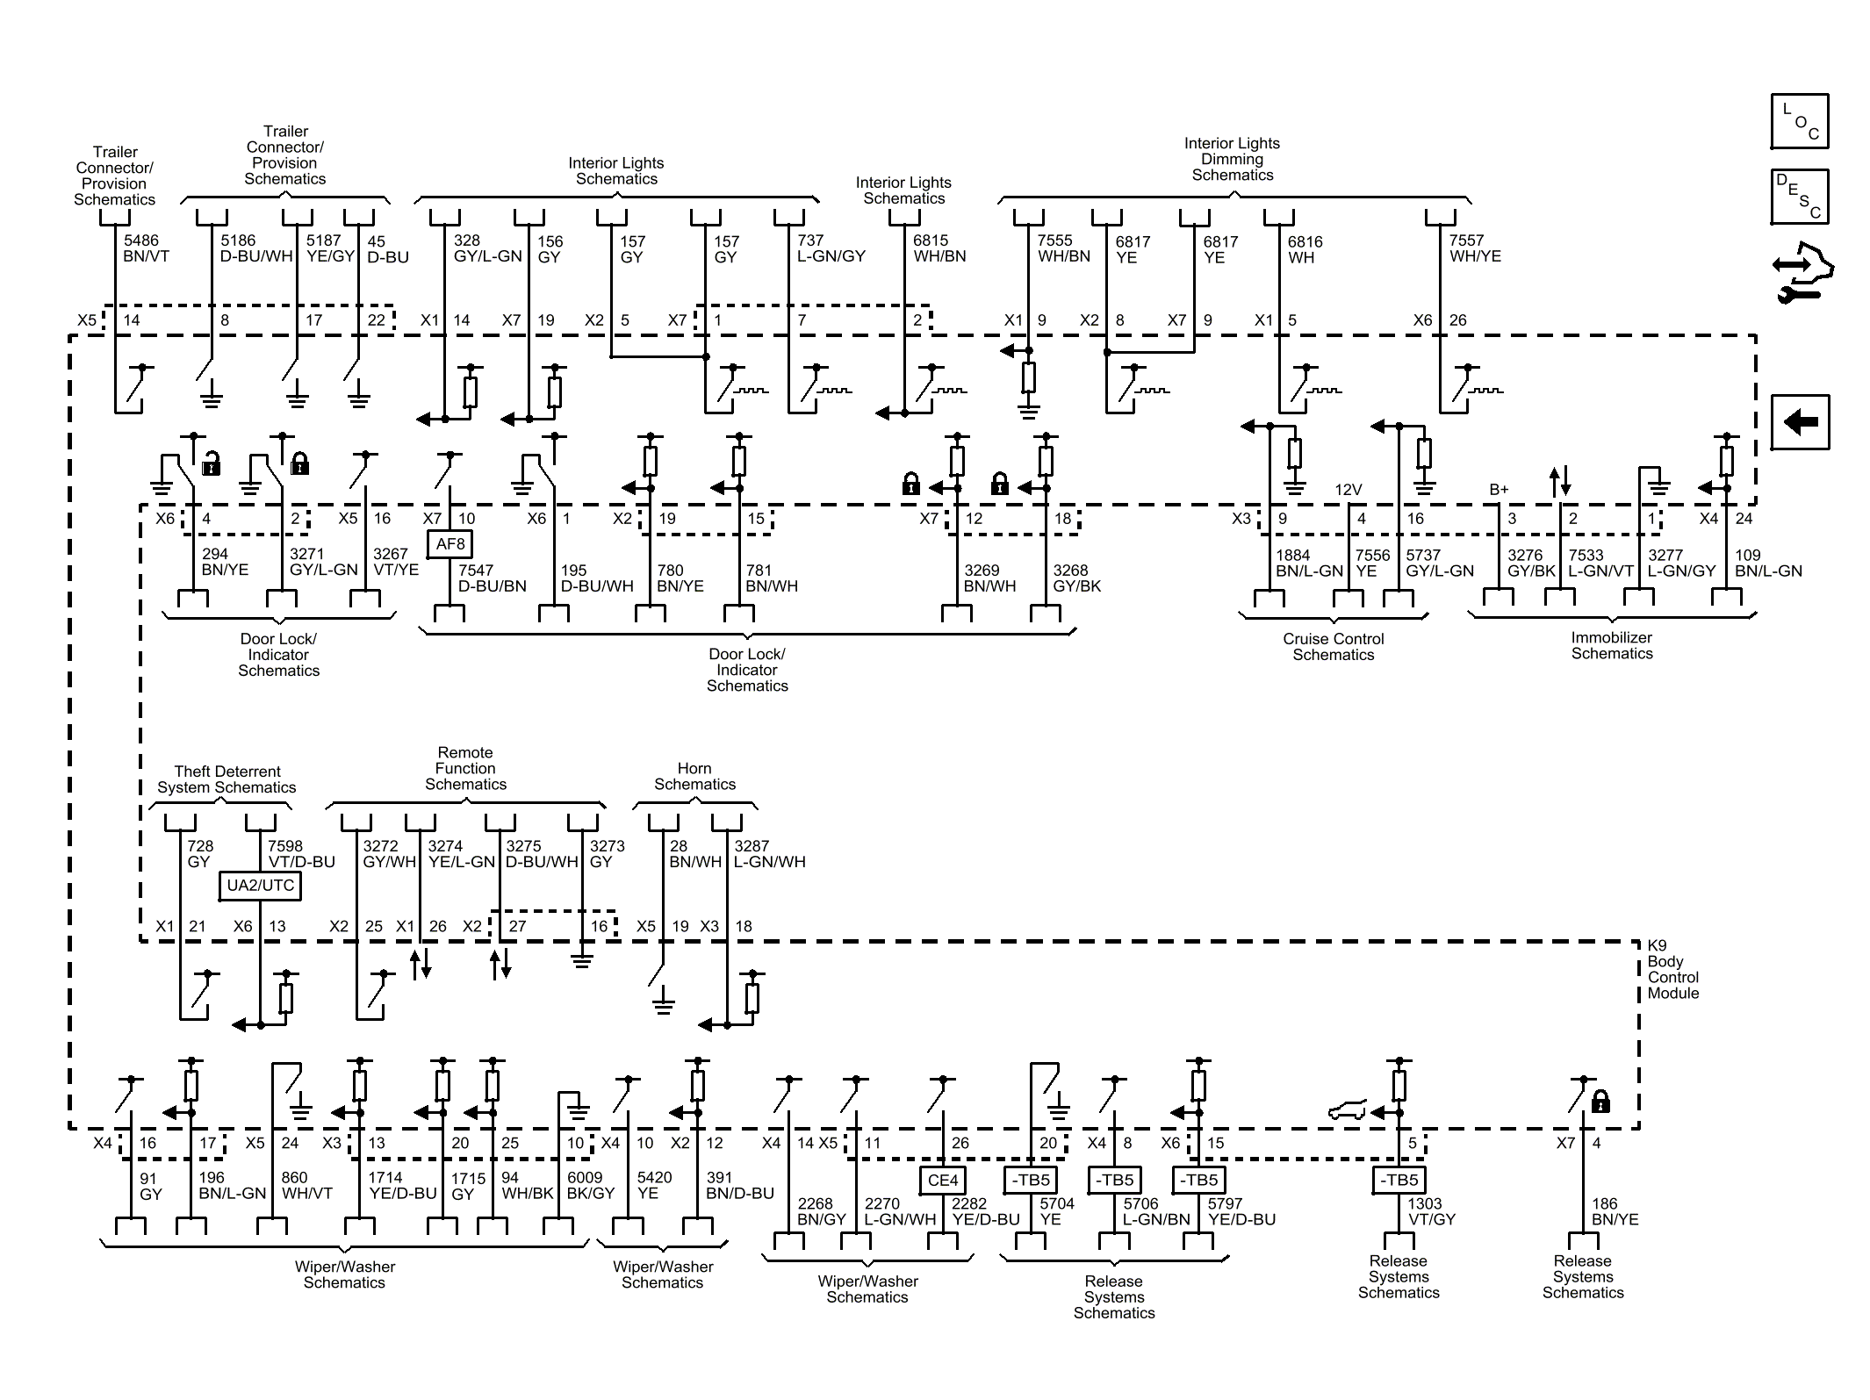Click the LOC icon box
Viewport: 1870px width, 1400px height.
pos(1799,121)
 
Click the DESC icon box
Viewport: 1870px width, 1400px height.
pos(1799,197)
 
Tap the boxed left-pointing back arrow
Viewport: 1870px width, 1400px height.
pos(1799,422)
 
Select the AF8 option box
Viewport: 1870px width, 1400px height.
pos(450,544)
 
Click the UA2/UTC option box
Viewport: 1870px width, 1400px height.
pos(260,885)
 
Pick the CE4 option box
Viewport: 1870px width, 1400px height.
pos(942,1181)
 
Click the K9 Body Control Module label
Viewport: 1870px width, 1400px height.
pos(1672,970)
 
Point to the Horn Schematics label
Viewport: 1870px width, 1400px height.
pos(694,777)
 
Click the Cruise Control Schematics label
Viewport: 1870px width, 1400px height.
pos(1333,647)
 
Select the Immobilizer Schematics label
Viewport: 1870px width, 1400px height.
pos(1611,646)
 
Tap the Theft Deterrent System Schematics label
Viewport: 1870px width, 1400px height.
pos(227,779)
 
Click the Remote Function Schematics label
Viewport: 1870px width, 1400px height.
pos(465,769)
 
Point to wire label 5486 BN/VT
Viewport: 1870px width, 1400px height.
pos(146,248)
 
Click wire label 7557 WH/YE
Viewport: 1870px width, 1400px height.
pos(1474,248)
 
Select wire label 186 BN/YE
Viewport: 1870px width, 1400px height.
pos(1615,1212)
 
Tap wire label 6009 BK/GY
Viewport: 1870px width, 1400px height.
pos(590,1186)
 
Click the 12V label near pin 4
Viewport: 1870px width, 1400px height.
pos(1348,490)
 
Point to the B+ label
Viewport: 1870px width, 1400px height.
pos(1499,490)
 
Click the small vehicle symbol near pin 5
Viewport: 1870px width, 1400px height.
pos(1346,1111)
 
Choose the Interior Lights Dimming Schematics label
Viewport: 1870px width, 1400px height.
pos(1232,159)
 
